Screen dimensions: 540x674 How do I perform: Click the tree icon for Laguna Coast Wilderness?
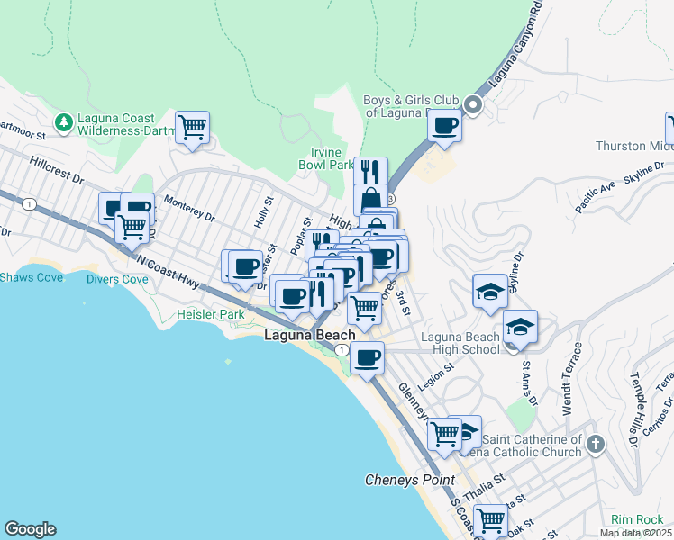point(63,121)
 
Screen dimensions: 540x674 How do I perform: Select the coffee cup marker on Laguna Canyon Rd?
point(445,125)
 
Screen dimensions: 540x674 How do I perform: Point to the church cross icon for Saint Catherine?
point(595,444)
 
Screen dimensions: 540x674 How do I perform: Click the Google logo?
point(30,529)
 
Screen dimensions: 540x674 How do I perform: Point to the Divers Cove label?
point(117,279)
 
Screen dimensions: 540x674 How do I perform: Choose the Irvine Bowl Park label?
point(326,158)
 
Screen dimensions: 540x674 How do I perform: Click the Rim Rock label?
point(637,519)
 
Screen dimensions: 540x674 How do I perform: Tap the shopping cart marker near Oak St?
point(490,519)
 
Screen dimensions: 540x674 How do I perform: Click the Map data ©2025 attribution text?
point(636,533)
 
